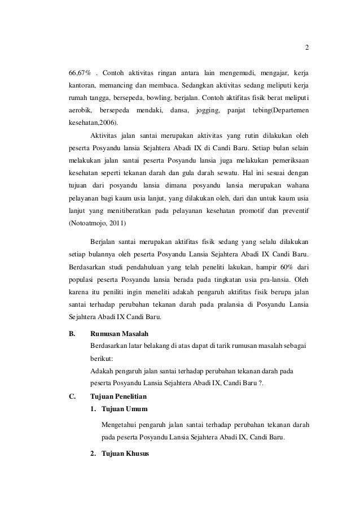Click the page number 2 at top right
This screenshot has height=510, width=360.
[x=306, y=47]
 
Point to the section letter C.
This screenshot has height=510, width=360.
[x=72, y=396]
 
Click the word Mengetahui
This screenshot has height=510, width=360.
[x=121, y=424]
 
